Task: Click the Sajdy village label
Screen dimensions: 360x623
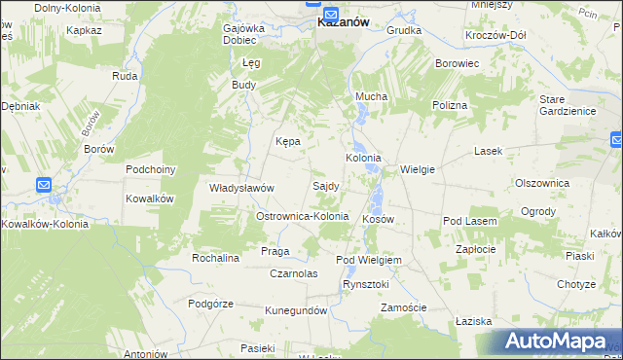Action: coord(325,185)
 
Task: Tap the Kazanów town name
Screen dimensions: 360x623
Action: coord(343,24)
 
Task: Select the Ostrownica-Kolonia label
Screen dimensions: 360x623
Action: coord(301,215)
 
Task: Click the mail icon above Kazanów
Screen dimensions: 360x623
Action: coord(330,14)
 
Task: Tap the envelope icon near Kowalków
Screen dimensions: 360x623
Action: coord(44,184)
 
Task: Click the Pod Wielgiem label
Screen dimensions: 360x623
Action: coord(369,261)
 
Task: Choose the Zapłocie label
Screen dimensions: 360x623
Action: coord(478,249)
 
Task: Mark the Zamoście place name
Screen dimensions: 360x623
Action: coord(404,307)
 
